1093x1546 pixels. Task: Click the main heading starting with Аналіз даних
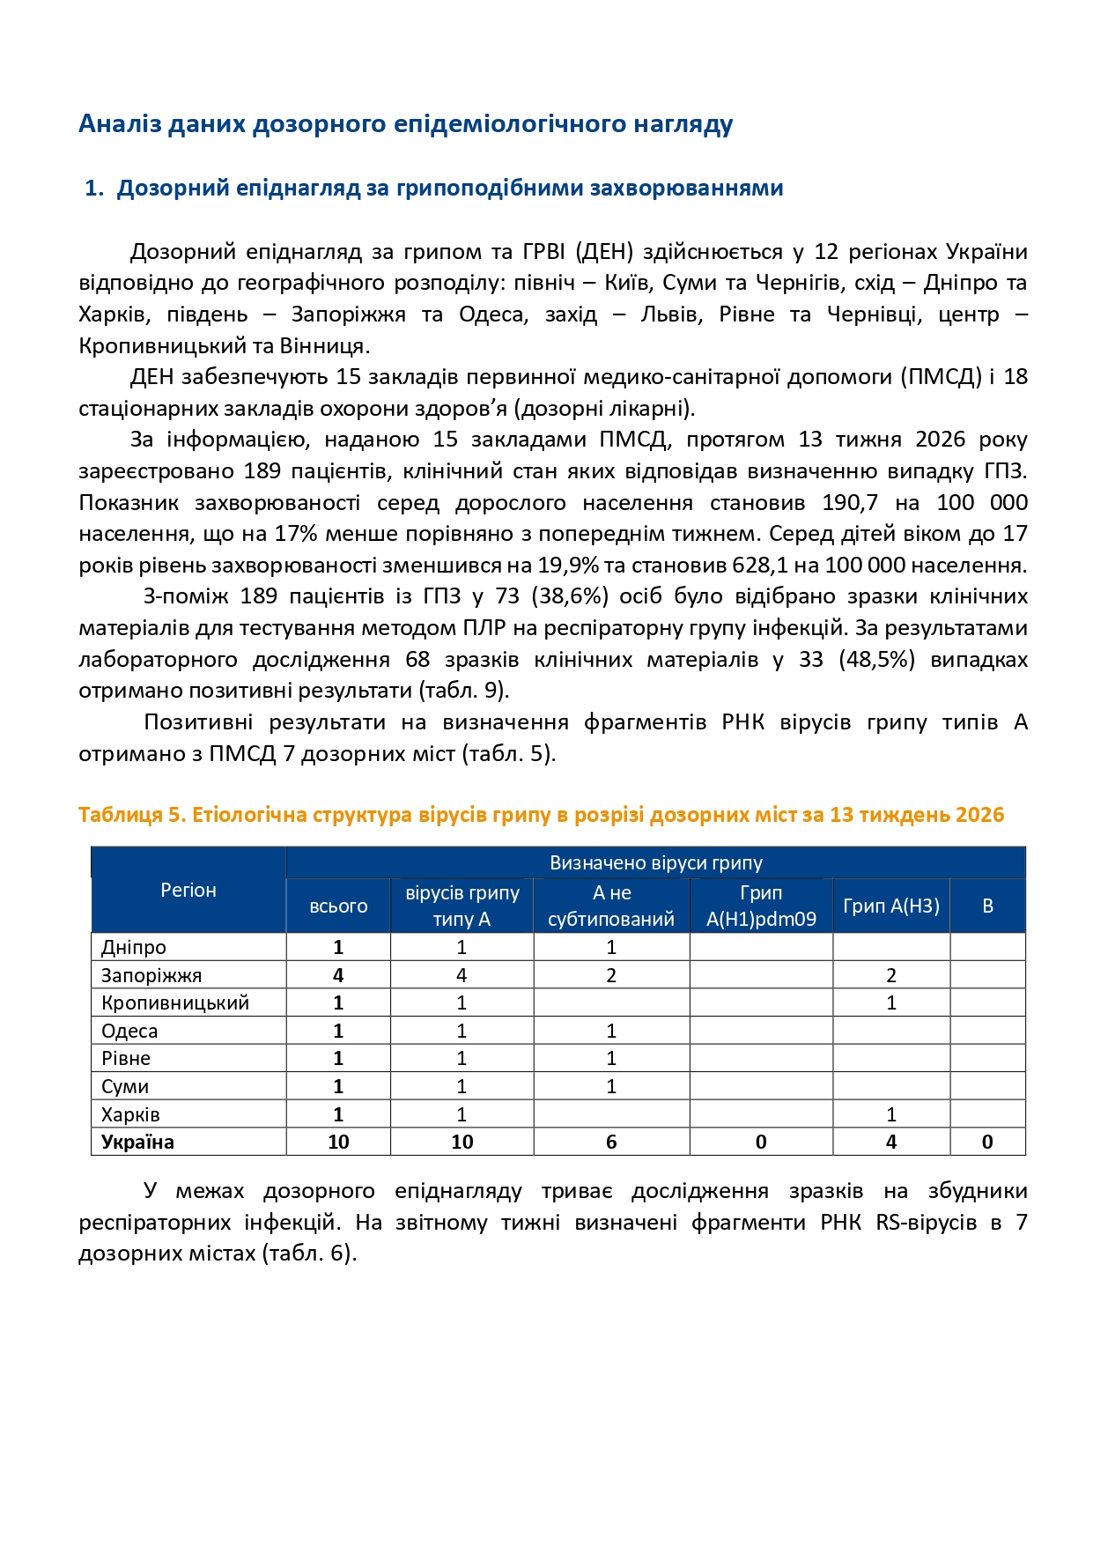405,123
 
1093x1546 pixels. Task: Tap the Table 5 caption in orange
541,814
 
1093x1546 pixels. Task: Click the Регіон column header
188,890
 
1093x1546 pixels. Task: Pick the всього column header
338,906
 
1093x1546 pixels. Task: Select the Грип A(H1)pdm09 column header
761,906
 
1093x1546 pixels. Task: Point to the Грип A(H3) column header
891,906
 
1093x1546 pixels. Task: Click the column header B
987,906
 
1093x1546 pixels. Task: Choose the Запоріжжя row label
151,975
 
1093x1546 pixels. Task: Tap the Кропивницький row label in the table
175,1002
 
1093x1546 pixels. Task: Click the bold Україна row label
137,1142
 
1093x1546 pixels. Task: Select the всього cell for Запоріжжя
338,975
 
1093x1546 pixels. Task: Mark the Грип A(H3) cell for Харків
891,1114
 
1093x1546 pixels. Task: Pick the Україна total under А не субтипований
611,1142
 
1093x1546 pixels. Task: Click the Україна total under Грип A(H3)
891,1142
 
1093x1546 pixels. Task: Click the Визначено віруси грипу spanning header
655,862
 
